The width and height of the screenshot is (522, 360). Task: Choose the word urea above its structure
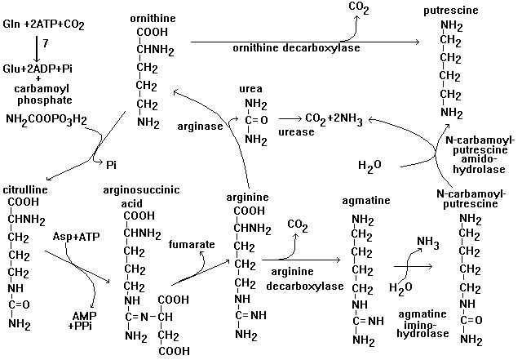[250, 88]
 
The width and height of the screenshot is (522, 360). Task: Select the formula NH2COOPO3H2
[46, 119]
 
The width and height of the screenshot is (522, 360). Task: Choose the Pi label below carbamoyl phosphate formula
[112, 164]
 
